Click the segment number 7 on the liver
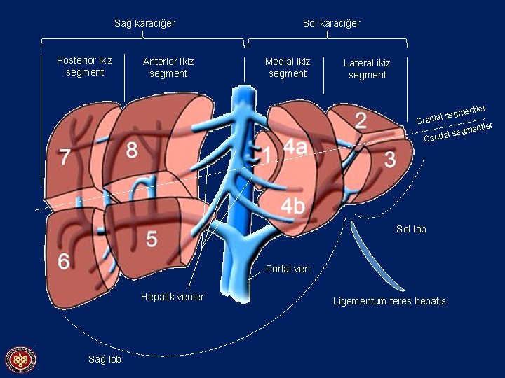[65, 157]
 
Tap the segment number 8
[132, 150]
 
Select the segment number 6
[63, 262]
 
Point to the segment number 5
[151, 239]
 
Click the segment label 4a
[295, 147]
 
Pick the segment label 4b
[293, 206]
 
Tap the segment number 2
[360, 120]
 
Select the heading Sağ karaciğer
[144, 23]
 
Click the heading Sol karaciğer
[331, 23]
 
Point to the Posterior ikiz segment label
[84, 66]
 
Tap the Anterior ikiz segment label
[168, 67]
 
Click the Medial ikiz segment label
[288, 67]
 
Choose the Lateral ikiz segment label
[367, 69]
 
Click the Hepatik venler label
[172, 297]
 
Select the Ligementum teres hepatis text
[389, 301]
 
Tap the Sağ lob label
[105, 359]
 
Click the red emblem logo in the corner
[20, 360]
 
